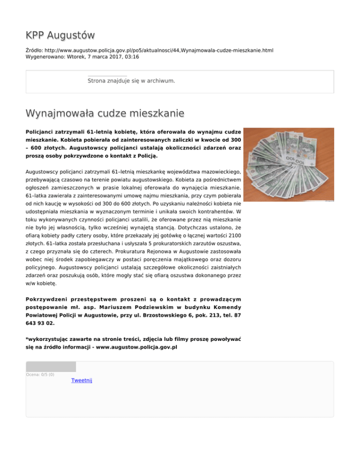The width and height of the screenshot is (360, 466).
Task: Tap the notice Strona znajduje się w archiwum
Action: coord(125,81)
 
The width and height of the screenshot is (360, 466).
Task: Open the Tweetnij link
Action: coord(82,380)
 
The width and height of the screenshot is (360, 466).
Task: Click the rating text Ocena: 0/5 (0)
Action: coord(40,375)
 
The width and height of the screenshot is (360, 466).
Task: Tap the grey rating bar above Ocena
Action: coord(51,367)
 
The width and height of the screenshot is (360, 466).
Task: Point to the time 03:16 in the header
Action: coord(132,57)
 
